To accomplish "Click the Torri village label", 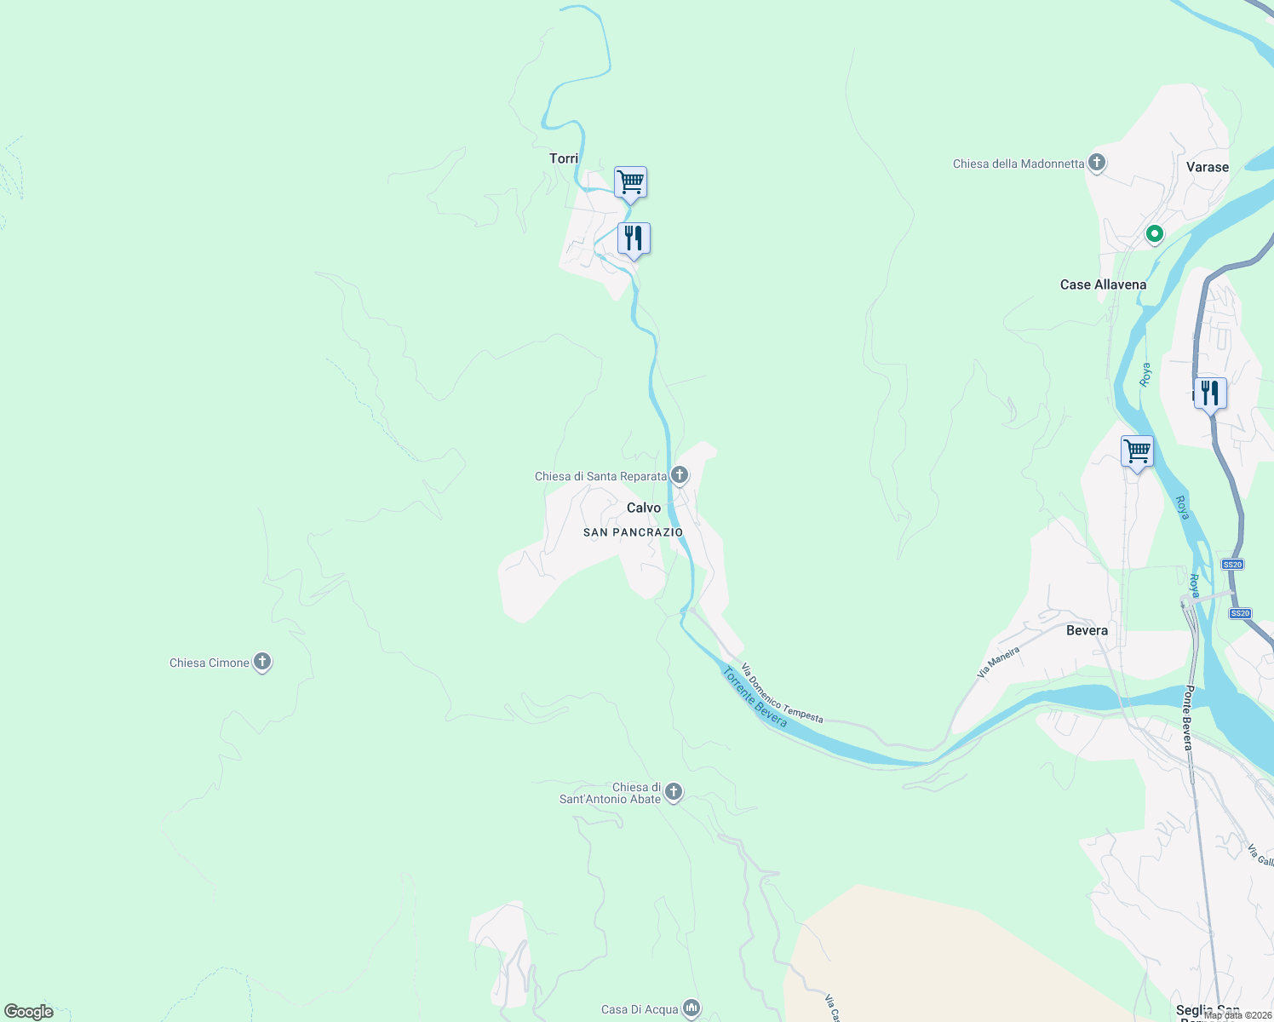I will [x=564, y=158].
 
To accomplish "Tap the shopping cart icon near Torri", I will [x=630, y=181].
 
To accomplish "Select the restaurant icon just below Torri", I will [x=634, y=238].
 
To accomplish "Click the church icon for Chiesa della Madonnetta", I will [x=1097, y=162].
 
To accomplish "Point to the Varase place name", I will [x=1207, y=167].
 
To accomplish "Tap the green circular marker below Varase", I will [x=1154, y=233].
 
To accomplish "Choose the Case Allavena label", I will [x=1103, y=284].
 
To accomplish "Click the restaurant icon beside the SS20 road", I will [x=1209, y=393].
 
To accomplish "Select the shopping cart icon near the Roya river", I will [x=1137, y=451].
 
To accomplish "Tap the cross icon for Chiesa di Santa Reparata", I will [x=679, y=474].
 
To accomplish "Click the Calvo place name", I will [x=644, y=508].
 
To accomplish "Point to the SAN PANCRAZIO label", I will [x=633, y=532].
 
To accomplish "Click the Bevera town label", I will [x=1087, y=630].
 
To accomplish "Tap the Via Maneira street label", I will [x=998, y=662].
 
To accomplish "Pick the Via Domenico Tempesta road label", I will [x=782, y=693].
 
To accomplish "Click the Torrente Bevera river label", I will [x=755, y=698].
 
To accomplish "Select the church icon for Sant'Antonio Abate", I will [x=673, y=792].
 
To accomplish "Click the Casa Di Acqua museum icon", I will [x=691, y=1008].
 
